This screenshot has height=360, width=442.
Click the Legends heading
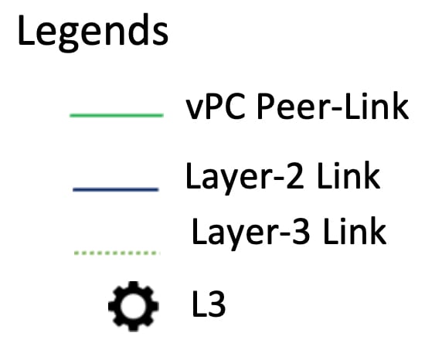tap(93, 32)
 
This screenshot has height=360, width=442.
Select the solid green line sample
tap(117, 115)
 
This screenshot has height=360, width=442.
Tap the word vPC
tap(216, 107)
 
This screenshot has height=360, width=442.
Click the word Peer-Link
tap(333, 106)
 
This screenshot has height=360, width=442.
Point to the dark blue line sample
tap(116, 190)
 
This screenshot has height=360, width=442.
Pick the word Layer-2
tap(245, 178)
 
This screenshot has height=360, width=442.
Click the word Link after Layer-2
tap(348, 175)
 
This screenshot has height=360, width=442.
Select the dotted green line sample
tap(117, 253)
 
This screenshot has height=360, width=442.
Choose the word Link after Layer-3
tap(355, 231)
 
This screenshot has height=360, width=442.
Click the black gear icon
tap(134, 306)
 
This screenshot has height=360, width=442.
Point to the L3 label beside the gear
tap(209, 304)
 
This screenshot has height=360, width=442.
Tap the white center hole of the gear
tap(134, 306)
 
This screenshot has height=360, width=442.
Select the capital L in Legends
tap(26, 30)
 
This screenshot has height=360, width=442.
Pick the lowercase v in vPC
tap(195, 110)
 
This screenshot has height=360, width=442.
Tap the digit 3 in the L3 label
tap(217, 304)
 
